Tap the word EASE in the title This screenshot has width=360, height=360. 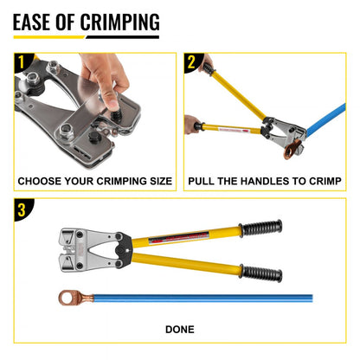click(x=35, y=21)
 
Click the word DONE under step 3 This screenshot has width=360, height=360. click(x=179, y=329)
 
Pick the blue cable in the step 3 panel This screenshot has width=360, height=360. click(x=216, y=299)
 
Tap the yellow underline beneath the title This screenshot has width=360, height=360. click(x=87, y=37)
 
